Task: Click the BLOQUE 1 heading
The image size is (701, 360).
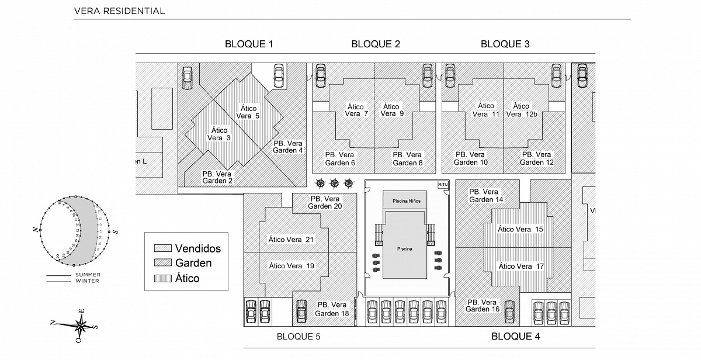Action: coord(249,44)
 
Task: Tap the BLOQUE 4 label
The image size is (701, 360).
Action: coord(516,336)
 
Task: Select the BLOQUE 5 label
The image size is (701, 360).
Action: coord(299,336)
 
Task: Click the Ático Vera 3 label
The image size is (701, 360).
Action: coord(219,134)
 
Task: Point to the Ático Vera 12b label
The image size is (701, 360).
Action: coord(521,110)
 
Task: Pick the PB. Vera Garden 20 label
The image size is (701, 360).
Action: coord(325,202)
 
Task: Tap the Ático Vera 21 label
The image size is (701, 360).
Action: coord(291,239)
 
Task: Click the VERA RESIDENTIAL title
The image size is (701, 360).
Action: coord(120,11)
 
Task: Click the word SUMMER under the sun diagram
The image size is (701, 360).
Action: coord(88,275)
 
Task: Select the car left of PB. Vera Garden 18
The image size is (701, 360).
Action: coord(301,310)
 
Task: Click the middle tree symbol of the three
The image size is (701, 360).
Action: coord(335,184)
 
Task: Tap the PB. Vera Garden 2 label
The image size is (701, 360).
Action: coord(217,177)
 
